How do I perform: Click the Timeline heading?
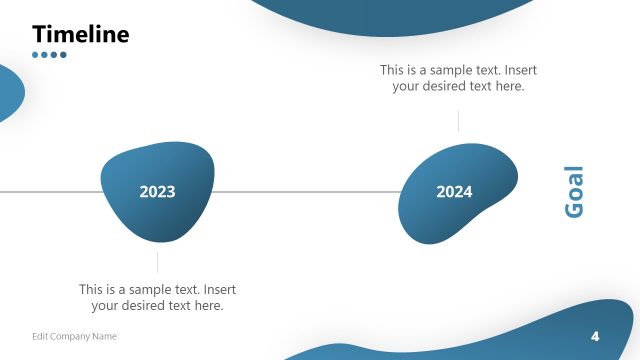pyautogui.click(x=81, y=34)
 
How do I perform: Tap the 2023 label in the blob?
pyautogui.click(x=157, y=192)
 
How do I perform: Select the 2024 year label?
pyautogui.click(x=454, y=192)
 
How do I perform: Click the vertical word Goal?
pyautogui.click(x=574, y=192)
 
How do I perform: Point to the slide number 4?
pyautogui.click(x=595, y=335)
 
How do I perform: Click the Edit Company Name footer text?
pyautogui.click(x=74, y=336)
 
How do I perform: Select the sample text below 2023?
pyautogui.click(x=157, y=297)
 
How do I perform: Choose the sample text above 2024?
pyautogui.click(x=458, y=78)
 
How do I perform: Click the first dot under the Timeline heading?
pyautogui.click(x=36, y=55)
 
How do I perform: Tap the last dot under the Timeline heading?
pyautogui.click(x=63, y=55)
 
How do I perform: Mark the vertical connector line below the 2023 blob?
pyautogui.click(x=157, y=262)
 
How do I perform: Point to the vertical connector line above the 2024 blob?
pyautogui.click(x=458, y=121)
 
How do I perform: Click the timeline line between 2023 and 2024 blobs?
pyautogui.click(x=305, y=191)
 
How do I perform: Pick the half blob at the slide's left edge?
pyautogui.click(x=9, y=92)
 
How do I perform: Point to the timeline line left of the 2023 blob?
pyautogui.click(x=50, y=191)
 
